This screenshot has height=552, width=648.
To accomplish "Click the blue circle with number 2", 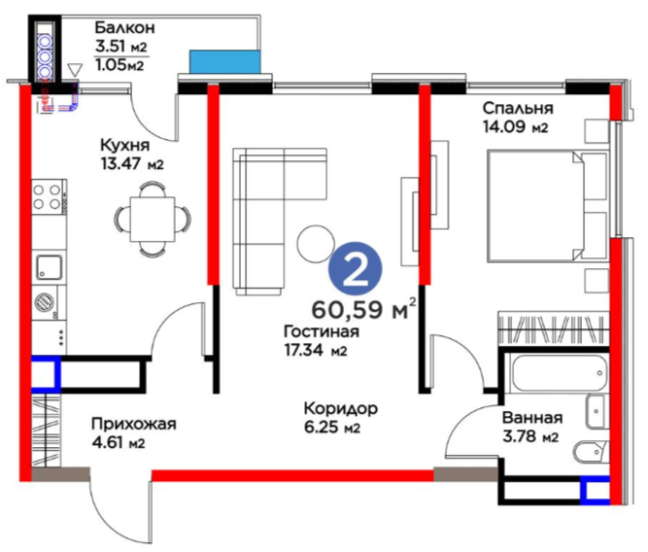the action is pyautogui.click(x=356, y=269).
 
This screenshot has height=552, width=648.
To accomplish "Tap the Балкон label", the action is pyautogui.click(x=124, y=28).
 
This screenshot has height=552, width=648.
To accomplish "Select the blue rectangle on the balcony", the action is pyautogui.click(x=224, y=61).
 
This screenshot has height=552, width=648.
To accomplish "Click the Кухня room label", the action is pyautogui.click(x=124, y=146).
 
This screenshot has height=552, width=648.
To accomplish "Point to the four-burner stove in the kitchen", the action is pyautogui.click(x=49, y=197).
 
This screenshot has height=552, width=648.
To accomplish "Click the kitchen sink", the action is pyautogui.click(x=50, y=266).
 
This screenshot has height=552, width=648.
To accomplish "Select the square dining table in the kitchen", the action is pyautogui.click(x=153, y=219).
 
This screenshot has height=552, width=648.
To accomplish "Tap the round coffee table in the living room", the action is pyautogui.click(x=316, y=244).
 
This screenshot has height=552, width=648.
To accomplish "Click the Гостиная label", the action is pyautogui.click(x=322, y=331).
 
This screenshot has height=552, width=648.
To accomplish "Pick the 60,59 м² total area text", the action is pyautogui.click(x=363, y=309).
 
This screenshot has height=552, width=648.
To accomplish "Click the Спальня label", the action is pyautogui.click(x=518, y=108).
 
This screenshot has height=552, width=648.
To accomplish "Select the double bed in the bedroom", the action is pyautogui.click(x=548, y=206).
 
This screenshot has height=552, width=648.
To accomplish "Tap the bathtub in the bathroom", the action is pyautogui.click(x=560, y=373).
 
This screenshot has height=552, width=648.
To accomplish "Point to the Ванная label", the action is pyautogui.click(x=532, y=418).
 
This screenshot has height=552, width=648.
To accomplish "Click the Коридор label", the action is pyautogui.click(x=341, y=408).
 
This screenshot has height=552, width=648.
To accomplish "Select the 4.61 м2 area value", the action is pyautogui.click(x=119, y=443).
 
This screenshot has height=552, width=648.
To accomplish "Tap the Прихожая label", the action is pyautogui.click(x=134, y=424).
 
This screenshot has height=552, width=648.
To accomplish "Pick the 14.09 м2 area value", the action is pyautogui.click(x=516, y=126).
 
